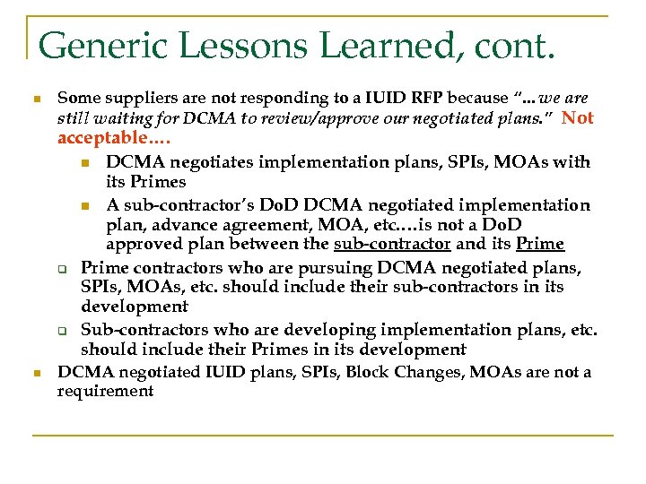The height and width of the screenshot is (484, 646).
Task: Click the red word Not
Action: click(578, 117)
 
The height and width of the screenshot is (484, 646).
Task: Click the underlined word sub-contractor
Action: click(391, 244)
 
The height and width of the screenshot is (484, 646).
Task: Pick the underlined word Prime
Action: click(540, 244)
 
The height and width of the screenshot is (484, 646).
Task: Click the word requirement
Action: click(105, 391)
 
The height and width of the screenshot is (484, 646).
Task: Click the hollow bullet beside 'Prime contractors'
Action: click(64, 268)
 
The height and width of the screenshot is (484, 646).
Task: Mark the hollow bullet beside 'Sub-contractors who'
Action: click(64, 330)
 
